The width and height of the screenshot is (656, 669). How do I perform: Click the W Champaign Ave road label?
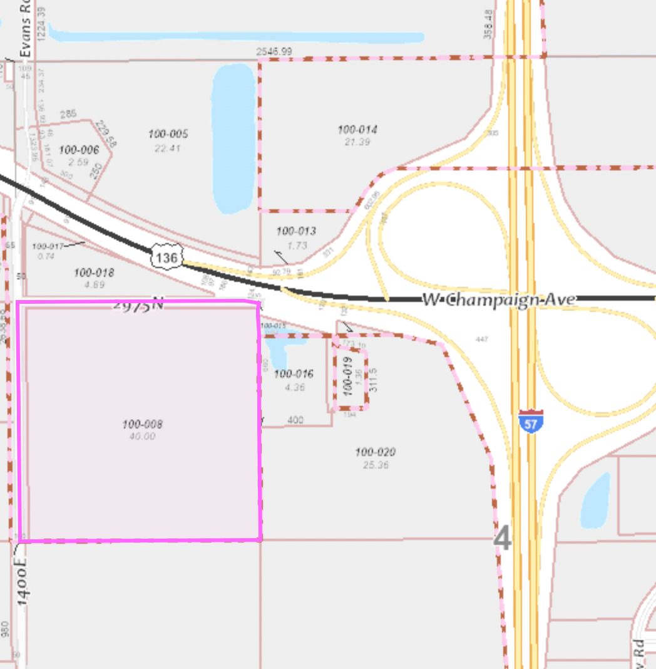coord(498,299)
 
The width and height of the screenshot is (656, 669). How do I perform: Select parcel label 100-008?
coord(143,424)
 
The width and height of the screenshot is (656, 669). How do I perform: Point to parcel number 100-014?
coord(357,130)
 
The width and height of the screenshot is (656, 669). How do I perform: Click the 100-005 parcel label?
coord(168,134)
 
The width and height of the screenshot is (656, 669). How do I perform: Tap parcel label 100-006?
coord(79,150)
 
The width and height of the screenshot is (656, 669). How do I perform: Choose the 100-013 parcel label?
coord(296,231)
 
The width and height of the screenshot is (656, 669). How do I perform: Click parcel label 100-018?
coord(94,272)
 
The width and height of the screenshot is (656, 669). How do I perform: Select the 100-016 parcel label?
coord(294,374)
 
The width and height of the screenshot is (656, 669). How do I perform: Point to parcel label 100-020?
coord(375,452)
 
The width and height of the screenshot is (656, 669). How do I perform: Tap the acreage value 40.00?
coord(142,436)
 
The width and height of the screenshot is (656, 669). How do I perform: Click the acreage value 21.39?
coord(357,142)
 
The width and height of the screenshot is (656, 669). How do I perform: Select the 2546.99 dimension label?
coord(274,51)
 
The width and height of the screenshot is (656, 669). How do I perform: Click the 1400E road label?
coord(23,582)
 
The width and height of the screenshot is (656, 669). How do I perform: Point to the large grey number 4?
coord(503,539)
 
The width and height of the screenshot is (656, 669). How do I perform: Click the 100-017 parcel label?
coord(48,246)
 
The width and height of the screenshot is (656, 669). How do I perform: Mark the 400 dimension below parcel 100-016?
coord(295,420)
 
